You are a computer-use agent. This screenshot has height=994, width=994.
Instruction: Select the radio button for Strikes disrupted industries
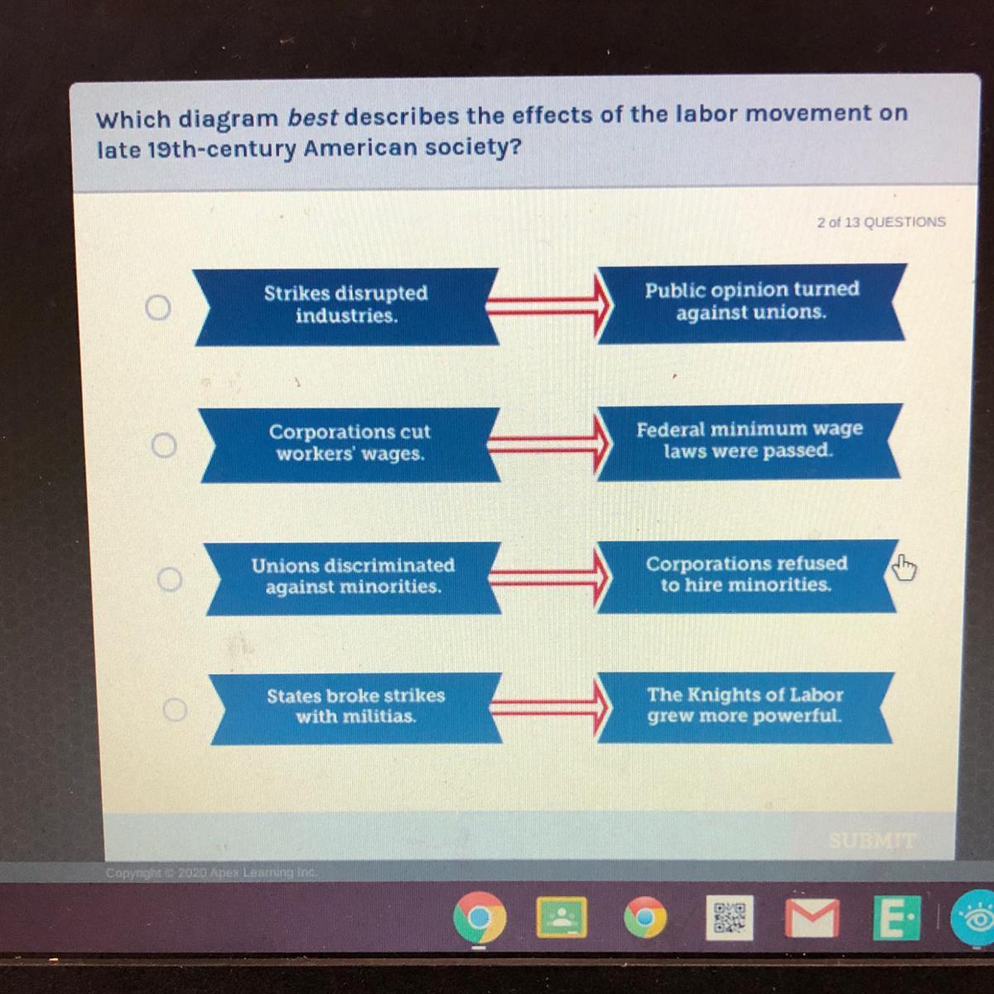click(x=158, y=308)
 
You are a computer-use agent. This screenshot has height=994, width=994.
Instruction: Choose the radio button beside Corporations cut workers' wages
click(x=164, y=445)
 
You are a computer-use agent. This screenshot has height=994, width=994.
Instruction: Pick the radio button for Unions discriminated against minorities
click(x=170, y=579)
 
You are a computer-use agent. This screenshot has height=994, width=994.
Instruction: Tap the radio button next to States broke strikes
click(x=175, y=710)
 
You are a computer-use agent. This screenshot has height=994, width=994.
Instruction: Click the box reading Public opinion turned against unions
click(x=751, y=303)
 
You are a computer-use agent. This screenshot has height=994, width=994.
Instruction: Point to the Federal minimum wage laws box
click(x=749, y=442)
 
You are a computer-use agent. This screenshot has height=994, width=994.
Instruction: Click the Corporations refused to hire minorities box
click(x=747, y=576)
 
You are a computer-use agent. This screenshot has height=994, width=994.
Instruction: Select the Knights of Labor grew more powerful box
click(x=745, y=707)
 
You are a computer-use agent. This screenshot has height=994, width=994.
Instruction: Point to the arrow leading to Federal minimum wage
click(x=549, y=445)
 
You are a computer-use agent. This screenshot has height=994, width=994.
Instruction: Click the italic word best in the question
click(x=312, y=118)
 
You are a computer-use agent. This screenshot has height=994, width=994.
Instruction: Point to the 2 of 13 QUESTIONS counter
click(x=881, y=222)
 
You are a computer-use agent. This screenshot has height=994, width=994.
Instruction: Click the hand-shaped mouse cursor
click(x=904, y=567)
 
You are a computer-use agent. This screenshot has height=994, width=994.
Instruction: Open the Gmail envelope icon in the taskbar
click(x=813, y=918)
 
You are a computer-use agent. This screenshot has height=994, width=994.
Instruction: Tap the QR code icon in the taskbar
click(x=729, y=918)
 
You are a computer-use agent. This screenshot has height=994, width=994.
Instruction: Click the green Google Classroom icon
click(x=562, y=918)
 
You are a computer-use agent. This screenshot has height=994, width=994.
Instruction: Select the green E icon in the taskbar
click(x=896, y=918)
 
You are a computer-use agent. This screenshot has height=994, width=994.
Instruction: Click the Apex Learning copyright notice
click(x=211, y=873)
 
